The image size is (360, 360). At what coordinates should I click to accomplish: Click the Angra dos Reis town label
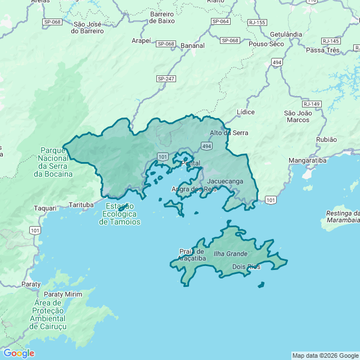(x=193, y=190)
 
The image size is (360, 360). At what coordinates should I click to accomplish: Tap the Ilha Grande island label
(x=230, y=254)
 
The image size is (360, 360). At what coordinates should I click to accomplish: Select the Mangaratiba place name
(x=307, y=161)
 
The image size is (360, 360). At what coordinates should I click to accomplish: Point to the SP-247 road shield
(x=166, y=79)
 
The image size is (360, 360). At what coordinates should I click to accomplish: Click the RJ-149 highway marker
(x=311, y=104)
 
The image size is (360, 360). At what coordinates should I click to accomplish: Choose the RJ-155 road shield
(x=256, y=22)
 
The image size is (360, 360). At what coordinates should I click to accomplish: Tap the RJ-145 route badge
(x=331, y=41)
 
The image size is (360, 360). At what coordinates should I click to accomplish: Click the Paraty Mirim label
(x=62, y=294)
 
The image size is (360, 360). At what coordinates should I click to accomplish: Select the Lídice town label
(x=246, y=112)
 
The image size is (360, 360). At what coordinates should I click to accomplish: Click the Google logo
(x=18, y=353)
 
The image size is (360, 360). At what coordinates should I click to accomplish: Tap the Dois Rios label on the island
(x=246, y=267)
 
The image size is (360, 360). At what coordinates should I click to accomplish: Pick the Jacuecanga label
(x=225, y=181)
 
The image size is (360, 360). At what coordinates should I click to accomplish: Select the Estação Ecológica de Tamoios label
(x=120, y=214)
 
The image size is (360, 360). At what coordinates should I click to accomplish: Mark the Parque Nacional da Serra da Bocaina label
(x=53, y=162)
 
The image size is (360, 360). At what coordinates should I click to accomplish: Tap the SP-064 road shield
(x=220, y=21)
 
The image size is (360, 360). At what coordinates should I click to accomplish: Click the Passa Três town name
(x=323, y=50)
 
